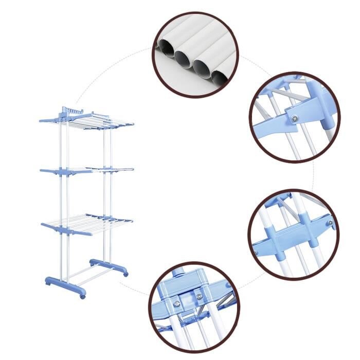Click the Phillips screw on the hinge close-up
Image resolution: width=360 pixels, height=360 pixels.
[294, 119]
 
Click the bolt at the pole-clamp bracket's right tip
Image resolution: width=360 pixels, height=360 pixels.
[330, 222]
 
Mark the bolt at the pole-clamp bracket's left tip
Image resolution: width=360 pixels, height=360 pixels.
[256, 253]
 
